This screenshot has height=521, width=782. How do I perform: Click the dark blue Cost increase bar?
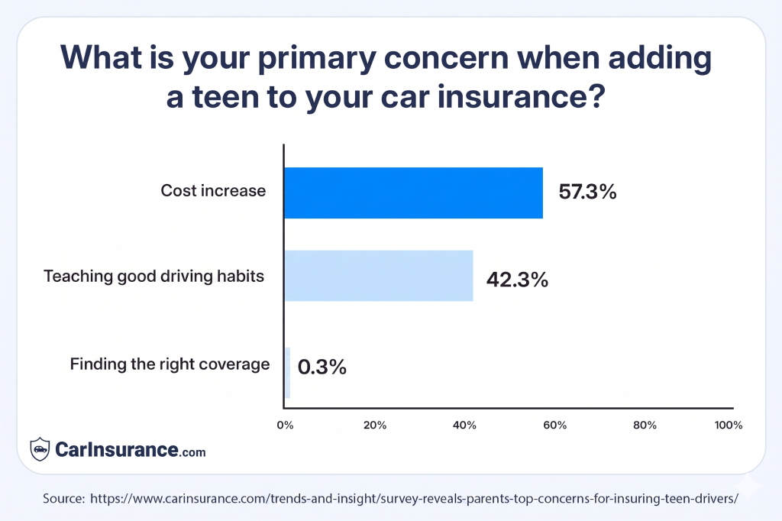(413, 193)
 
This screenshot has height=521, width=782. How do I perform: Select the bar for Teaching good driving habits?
(379, 276)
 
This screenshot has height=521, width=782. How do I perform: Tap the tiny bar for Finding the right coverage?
(287, 373)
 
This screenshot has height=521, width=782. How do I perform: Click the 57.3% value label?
(587, 193)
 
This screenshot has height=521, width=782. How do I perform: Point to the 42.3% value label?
(517, 280)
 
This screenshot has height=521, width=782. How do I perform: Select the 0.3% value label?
(322, 367)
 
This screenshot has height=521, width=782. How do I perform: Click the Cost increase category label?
(213, 191)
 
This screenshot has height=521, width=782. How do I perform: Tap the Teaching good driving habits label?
(154, 276)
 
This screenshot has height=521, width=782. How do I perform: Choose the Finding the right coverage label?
(170, 364)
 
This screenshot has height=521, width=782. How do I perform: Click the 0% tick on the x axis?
(285, 426)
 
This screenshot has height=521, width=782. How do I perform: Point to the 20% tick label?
(375, 426)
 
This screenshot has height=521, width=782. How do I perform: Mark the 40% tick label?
(465, 426)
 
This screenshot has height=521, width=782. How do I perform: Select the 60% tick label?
(554, 426)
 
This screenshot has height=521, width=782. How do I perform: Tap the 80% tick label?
(645, 426)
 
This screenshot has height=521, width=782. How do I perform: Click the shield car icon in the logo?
(40, 449)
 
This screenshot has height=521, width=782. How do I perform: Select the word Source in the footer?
(63, 497)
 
